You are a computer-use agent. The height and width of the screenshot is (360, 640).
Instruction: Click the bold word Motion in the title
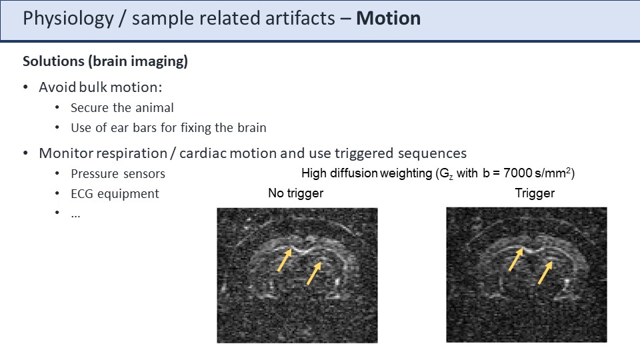click(388, 19)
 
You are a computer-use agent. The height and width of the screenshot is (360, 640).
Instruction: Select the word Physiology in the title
click(68, 19)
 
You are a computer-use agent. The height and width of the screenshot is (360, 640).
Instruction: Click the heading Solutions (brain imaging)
click(105, 61)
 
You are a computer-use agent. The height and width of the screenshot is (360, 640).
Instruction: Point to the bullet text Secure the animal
click(122, 108)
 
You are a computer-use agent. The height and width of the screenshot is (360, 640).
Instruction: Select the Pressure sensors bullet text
click(118, 174)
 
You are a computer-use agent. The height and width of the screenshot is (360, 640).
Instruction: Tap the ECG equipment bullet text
click(115, 194)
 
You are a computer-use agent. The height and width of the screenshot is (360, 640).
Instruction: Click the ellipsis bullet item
click(75, 215)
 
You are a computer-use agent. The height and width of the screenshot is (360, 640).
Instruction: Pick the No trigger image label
click(295, 193)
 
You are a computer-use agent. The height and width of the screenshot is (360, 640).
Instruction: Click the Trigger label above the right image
click(535, 193)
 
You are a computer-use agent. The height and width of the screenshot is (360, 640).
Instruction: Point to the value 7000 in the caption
click(517, 173)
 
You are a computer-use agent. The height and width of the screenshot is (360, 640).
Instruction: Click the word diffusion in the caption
click(353, 173)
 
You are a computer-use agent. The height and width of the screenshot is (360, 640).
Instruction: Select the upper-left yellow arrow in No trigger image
click(285, 260)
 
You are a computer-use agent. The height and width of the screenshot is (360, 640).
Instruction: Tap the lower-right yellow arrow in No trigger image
click(314, 273)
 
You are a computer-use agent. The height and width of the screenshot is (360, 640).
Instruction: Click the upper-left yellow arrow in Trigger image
click(516, 259)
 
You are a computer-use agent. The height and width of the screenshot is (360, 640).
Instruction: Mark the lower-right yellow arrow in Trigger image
click(545, 273)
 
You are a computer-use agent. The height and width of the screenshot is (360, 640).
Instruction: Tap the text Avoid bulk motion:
click(101, 87)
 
